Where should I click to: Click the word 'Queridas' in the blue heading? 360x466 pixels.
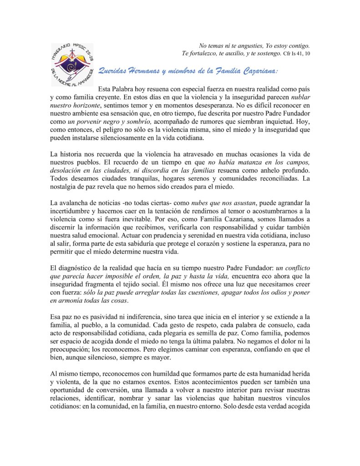click(x=114, y=71)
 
